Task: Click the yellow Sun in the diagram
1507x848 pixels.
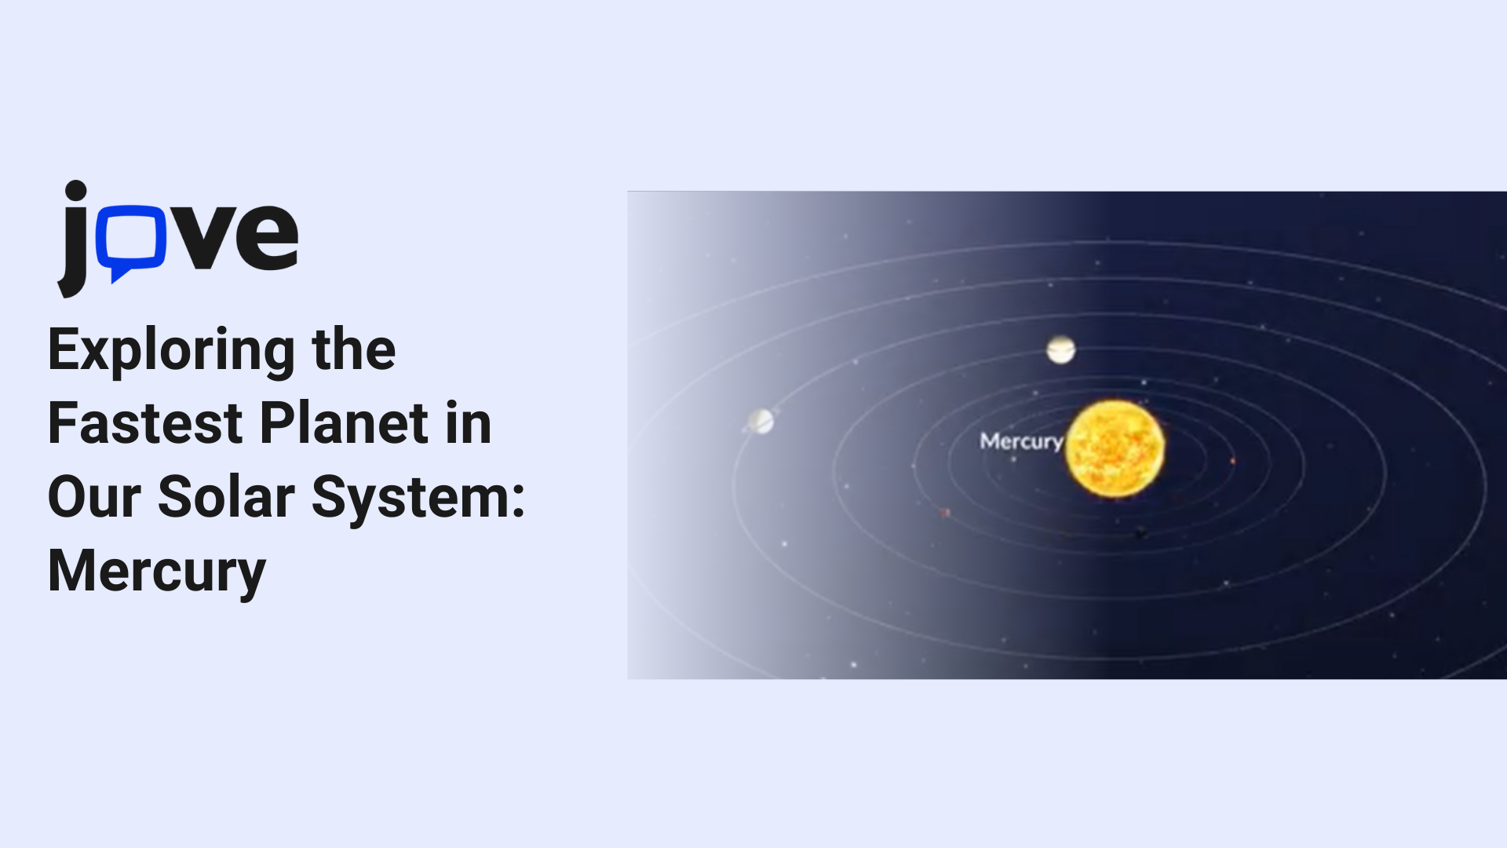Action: coord(1115,449)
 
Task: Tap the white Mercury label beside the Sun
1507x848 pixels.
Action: coord(1022,442)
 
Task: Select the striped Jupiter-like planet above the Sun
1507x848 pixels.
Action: coord(1060,349)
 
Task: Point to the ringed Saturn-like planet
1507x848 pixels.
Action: coord(760,422)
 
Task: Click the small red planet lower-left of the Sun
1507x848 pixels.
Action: coord(945,513)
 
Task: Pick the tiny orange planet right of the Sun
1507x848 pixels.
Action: coord(1232,461)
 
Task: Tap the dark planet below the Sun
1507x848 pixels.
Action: coord(1140,534)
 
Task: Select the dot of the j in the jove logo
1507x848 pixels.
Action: coord(75,191)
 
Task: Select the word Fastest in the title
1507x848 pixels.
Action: coord(145,423)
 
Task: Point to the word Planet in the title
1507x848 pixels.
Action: coord(345,423)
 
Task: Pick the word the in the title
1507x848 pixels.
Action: coord(354,349)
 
